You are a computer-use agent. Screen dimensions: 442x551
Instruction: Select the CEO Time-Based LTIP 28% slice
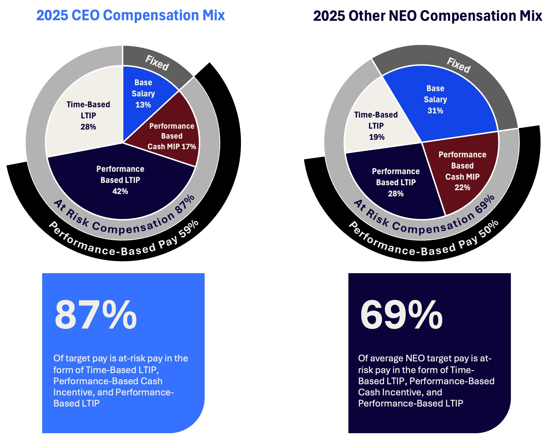coord(88,116)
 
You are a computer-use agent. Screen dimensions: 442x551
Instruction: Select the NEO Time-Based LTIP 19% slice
coord(376,126)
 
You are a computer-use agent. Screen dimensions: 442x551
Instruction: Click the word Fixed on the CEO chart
coord(157,63)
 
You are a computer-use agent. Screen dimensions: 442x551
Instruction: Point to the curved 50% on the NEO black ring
coord(489,228)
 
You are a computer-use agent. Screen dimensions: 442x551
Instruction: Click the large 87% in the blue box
coord(95,315)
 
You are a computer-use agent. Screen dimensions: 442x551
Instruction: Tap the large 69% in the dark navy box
coord(401,315)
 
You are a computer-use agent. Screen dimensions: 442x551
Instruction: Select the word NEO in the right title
coord(402,16)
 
